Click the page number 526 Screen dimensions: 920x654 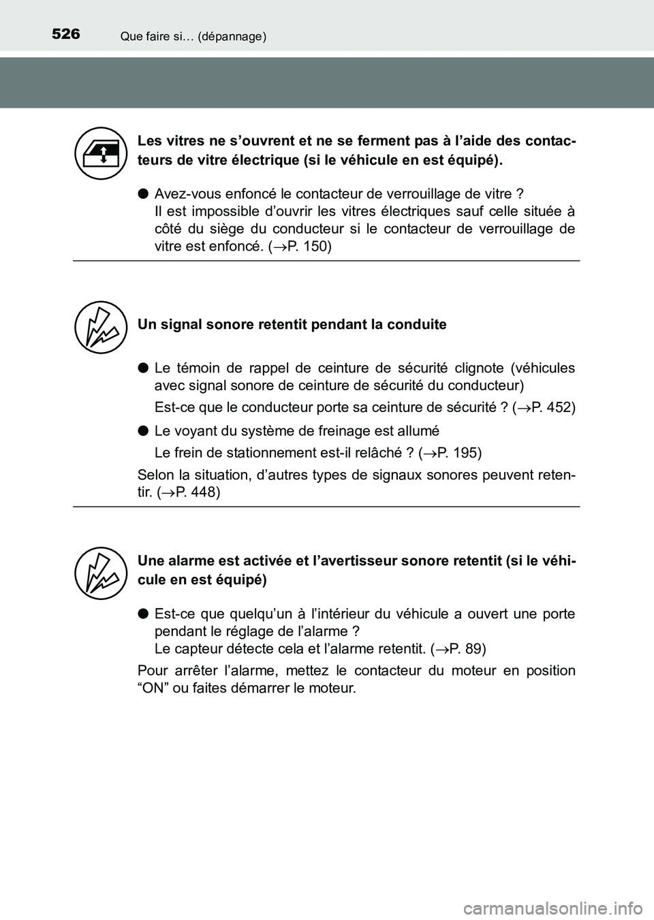(x=65, y=33)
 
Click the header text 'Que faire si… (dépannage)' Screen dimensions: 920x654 (x=193, y=37)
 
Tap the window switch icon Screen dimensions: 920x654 (x=102, y=153)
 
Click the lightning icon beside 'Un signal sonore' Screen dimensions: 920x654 (x=102, y=328)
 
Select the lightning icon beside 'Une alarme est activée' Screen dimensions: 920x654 (x=102, y=573)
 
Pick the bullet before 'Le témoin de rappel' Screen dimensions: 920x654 (x=144, y=368)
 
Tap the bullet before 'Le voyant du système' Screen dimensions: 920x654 (x=144, y=430)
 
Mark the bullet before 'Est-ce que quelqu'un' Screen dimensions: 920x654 (x=144, y=614)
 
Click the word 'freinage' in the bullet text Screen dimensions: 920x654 (x=345, y=430)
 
